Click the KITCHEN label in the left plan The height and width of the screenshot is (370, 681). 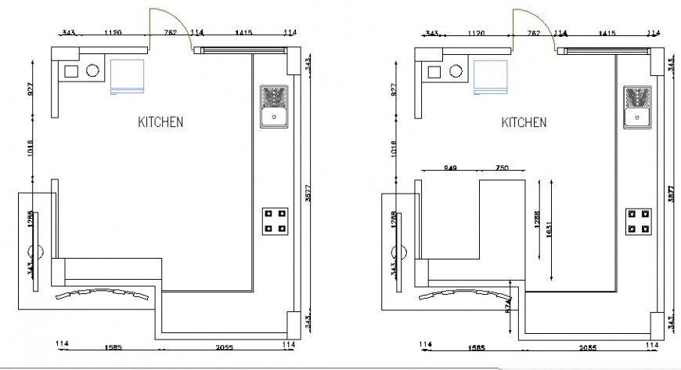[160, 122]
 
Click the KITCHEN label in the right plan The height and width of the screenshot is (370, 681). [524, 122]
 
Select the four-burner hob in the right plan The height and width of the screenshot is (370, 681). [638, 221]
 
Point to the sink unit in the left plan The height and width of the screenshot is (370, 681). [275, 107]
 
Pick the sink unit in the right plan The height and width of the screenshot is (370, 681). [638, 107]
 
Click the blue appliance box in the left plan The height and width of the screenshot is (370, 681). [127, 77]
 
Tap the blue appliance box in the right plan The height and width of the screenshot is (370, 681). [490, 77]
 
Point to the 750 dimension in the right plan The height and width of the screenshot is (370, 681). [502, 168]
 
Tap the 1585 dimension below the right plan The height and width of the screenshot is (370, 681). [474, 346]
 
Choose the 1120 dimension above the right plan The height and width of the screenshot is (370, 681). [476, 34]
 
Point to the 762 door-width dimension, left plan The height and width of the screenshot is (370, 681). [170, 34]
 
